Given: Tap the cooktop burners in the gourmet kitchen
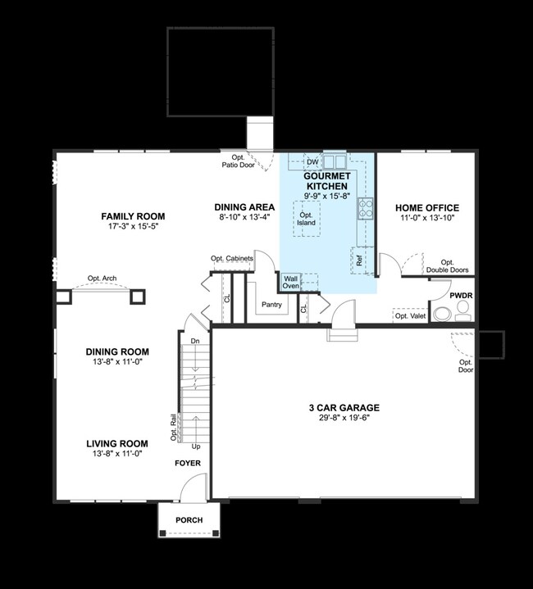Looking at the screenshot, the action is point(366,208).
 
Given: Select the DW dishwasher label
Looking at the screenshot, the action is point(312,162).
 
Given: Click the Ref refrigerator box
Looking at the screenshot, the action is point(358,261).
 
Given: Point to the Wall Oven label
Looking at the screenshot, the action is point(290,282).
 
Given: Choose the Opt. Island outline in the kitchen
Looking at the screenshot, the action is point(307,219).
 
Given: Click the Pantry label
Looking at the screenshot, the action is point(271,305).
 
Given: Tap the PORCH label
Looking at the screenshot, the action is point(189,520).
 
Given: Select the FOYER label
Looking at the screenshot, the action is point(188,463).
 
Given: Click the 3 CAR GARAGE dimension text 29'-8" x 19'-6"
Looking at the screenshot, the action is point(344,418).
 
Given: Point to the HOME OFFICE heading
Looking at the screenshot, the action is point(427,208).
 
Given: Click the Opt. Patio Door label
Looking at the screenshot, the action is point(239,161).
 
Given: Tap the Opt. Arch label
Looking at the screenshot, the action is point(102,279).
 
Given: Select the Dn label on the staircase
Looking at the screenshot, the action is point(195,341).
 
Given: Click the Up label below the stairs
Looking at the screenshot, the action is point(196,446).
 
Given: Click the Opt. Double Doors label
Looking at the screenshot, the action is point(447,266).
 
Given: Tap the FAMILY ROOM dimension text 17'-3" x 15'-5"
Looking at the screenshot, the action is point(133,227).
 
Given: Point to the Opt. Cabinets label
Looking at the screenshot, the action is point(232,258).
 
